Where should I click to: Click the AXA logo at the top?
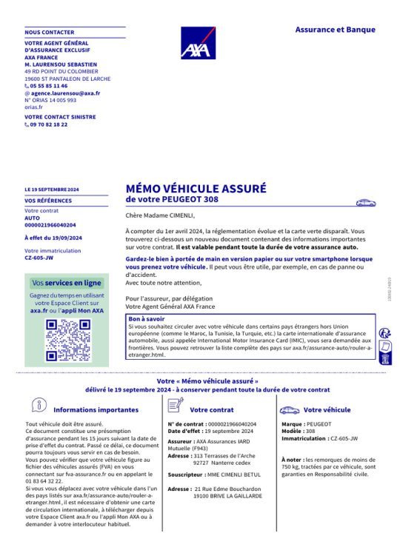click(199, 43)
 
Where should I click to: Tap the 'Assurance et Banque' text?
click(335, 30)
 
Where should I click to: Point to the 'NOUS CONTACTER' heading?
click(49, 33)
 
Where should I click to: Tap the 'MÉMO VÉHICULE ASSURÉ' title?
click(196, 189)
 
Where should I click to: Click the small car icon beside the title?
click(366, 202)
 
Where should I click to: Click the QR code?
click(67, 341)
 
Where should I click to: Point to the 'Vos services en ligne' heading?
click(67, 283)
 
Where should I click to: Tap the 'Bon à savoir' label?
click(146, 318)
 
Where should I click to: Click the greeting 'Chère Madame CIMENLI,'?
click(160, 215)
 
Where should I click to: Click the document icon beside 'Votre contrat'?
click(176, 405)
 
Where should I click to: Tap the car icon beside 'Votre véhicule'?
click(289, 409)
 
